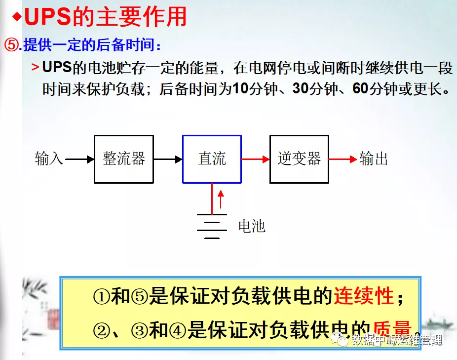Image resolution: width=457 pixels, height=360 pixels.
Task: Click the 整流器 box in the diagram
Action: pos(124,159)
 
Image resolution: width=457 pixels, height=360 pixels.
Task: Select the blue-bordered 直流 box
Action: pos(212,159)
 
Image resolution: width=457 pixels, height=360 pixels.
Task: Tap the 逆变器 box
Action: pos(299,159)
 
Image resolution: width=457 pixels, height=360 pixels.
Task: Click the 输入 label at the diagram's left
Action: pos(49,159)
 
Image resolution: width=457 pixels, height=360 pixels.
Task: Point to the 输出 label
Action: pos(374,159)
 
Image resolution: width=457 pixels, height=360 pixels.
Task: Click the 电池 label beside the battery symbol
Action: pos(252,226)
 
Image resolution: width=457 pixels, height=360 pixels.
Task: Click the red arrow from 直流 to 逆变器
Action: pos(256,159)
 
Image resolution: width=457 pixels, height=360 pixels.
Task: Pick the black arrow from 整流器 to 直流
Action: pos(168,159)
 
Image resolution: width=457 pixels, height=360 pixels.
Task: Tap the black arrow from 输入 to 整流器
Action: pos(79,159)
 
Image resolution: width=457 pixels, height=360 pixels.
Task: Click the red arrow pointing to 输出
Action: pos(343,159)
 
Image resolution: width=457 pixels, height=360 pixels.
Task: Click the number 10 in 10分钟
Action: pos(239,89)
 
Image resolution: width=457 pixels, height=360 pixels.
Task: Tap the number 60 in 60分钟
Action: pos(360,89)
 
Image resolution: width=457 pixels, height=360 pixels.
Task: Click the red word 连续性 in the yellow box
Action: pos(364,296)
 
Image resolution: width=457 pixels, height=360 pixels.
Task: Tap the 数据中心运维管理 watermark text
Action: pos(397,340)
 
